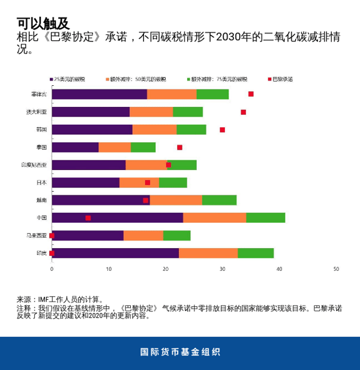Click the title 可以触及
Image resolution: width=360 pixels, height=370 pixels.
click(x=43, y=23)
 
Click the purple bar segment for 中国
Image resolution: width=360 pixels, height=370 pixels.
click(x=117, y=217)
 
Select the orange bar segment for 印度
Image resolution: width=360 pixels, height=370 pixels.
click(x=208, y=253)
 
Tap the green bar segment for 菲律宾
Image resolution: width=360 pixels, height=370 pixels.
click(x=212, y=94)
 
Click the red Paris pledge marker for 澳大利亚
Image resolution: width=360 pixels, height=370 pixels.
click(x=243, y=112)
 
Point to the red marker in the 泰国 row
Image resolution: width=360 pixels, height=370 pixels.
click(x=179, y=147)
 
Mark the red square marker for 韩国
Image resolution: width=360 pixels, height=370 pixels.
click(x=222, y=130)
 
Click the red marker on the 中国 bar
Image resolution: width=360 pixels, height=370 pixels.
click(x=88, y=218)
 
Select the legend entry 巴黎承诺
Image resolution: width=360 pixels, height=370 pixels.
click(x=282, y=79)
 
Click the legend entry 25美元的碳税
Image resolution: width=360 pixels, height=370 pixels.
click(x=69, y=79)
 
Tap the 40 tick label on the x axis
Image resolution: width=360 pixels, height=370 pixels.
click(x=279, y=269)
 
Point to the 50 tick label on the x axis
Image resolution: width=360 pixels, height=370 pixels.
click(x=336, y=269)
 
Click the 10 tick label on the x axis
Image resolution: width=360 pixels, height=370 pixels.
click(x=109, y=269)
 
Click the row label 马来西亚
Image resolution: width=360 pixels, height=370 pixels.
click(x=37, y=235)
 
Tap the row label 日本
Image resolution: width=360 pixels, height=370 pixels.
click(x=41, y=183)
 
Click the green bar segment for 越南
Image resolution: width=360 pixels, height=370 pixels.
click(x=219, y=200)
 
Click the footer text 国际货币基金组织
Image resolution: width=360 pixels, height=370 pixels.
click(x=180, y=352)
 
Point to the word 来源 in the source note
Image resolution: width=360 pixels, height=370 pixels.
click(x=23, y=299)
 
